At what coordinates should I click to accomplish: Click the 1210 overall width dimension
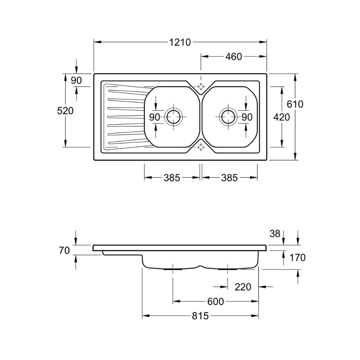point(180,42)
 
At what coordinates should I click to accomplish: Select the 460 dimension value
point(233,57)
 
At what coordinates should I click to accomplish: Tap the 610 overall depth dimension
point(295,104)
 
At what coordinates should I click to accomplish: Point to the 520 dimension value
point(65,111)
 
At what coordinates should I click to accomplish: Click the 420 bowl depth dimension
point(281,117)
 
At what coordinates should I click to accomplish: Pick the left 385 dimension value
point(172,177)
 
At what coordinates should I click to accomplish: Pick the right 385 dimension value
point(229,177)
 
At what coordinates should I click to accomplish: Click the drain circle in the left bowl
point(173,116)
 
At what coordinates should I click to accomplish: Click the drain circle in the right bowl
point(228,116)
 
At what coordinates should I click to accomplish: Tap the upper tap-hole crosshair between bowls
point(201,87)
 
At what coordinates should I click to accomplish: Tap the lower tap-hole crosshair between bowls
point(201,147)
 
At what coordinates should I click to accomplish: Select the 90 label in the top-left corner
point(77,80)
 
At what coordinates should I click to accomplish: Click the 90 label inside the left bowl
point(154,117)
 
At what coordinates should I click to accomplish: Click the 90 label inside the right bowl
point(247,117)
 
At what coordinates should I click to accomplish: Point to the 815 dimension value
point(200,316)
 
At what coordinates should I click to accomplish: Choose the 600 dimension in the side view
point(216,301)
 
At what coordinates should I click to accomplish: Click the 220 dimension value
point(243,287)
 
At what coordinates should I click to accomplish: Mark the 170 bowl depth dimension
point(298,257)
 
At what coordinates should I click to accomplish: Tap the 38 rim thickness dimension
point(275,233)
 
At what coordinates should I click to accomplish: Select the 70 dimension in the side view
point(65,251)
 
